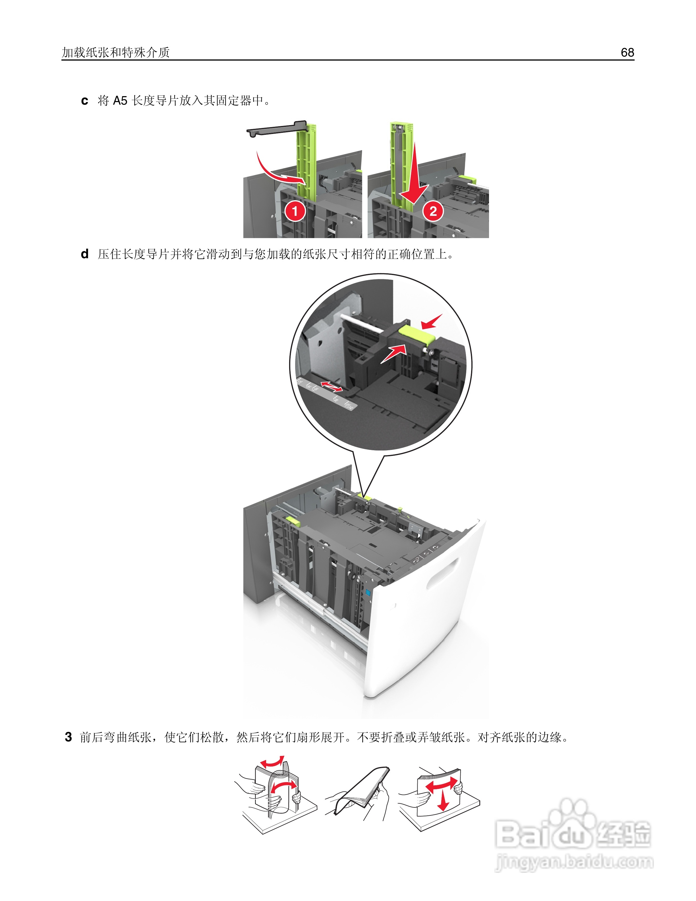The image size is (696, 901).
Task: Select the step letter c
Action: click(x=84, y=101)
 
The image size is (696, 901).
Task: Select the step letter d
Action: click(x=84, y=254)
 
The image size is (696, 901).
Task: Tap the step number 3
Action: click(x=69, y=737)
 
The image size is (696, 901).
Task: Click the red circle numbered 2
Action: click(x=433, y=211)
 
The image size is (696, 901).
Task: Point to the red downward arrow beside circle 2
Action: click(x=416, y=177)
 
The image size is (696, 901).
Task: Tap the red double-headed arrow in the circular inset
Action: click(x=332, y=387)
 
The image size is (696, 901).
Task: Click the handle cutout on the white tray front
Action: click(x=442, y=573)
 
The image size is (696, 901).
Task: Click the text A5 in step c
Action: click(x=120, y=101)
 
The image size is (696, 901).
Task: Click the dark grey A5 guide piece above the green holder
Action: click(x=276, y=129)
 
